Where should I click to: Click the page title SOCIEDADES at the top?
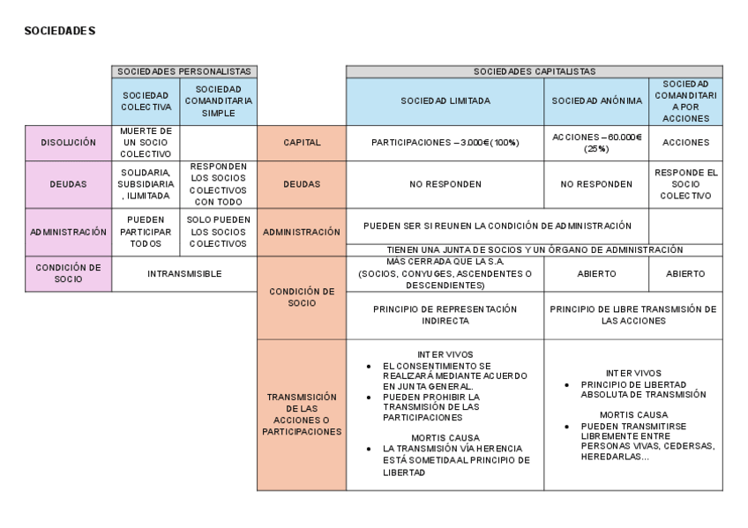(x=60, y=31)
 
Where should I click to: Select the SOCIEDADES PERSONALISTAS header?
(x=184, y=71)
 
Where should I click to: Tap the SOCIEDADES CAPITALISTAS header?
(x=534, y=71)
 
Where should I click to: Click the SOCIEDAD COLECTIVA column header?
(x=146, y=100)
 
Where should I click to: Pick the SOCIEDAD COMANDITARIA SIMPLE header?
(x=219, y=100)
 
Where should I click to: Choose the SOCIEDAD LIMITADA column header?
(x=445, y=101)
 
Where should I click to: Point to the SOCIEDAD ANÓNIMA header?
(x=596, y=101)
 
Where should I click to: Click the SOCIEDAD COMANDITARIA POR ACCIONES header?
(x=686, y=100)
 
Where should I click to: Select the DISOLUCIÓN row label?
(x=68, y=142)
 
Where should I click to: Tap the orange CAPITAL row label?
(x=301, y=142)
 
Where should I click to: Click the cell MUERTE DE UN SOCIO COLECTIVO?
(x=146, y=142)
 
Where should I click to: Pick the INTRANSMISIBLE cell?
(x=184, y=273)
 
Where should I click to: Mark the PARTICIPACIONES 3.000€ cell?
(x=445, y=142)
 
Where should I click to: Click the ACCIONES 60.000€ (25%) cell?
(x=596, y=142)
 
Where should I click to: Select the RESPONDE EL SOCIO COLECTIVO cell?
(x=686, y=183)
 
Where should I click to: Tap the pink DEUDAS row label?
(x=68, y=183)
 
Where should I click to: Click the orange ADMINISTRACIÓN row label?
(x=301, y=232)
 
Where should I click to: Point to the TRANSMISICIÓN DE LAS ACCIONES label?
(x=301, y=414)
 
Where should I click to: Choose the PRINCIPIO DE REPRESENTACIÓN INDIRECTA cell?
(x=445, y=315)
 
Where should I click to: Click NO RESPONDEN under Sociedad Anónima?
(x=596, y=184)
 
